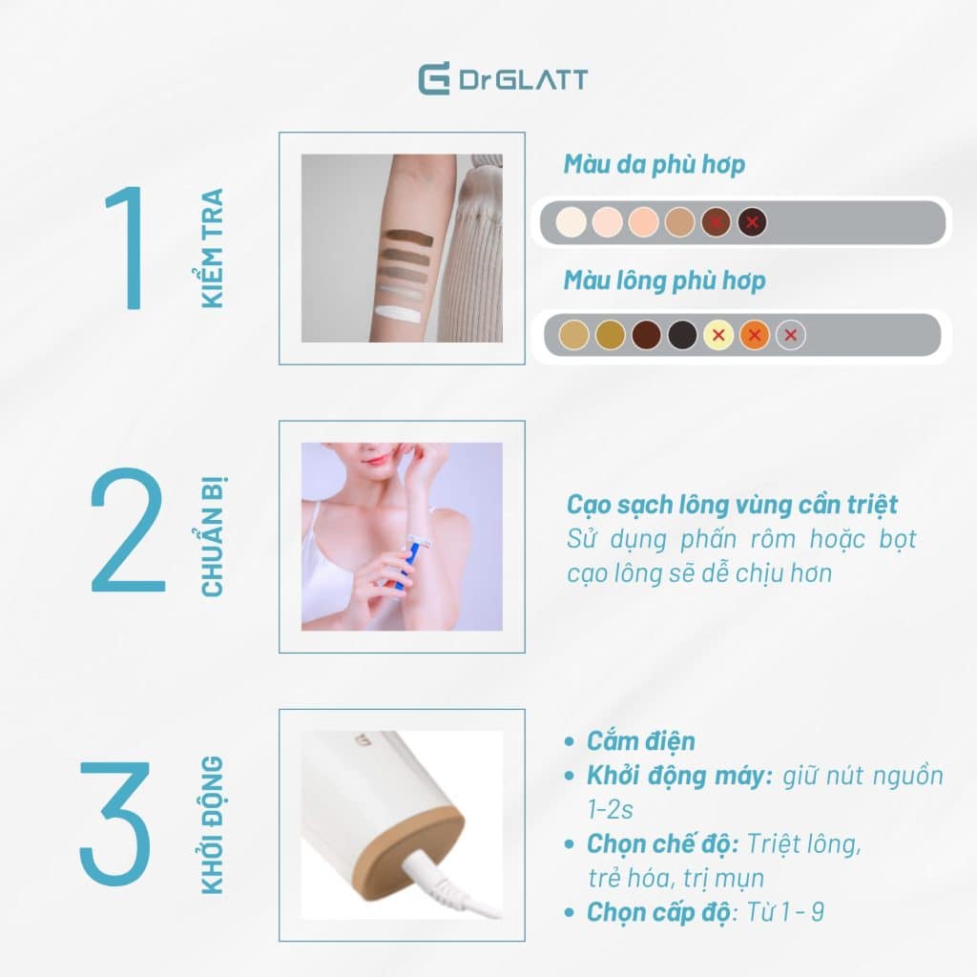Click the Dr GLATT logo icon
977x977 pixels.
pos(434,79)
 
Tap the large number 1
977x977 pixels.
pos(128,247)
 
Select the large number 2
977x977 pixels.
pos(129,530)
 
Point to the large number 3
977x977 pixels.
pos(115,821)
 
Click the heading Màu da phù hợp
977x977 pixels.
pos(655,165)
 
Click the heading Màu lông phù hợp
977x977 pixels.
pos(664,281)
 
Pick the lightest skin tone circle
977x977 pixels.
pos(571,222)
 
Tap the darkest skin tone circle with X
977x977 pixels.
pos(752,222)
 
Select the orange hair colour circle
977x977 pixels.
pos(755,335)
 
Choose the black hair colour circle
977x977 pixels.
pos(682,335)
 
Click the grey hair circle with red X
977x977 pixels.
pos(791,335)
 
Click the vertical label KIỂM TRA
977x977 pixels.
pos(213,248)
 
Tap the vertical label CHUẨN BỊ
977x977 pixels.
pos(213,536)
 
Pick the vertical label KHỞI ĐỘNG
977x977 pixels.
pos(213,825)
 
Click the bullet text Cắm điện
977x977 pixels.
pos(640,741)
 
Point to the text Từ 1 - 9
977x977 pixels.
pos(784,912)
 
